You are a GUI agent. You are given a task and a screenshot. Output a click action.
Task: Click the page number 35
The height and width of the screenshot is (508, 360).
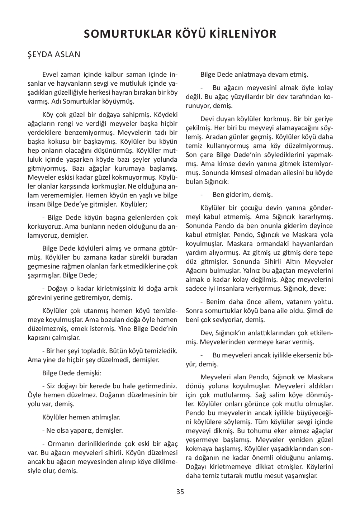click(180, 492)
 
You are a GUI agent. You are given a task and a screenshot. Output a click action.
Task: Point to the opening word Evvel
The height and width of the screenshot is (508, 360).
click(50, 75)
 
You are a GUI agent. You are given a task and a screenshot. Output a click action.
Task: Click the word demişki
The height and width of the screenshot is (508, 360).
click(89, 373)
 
